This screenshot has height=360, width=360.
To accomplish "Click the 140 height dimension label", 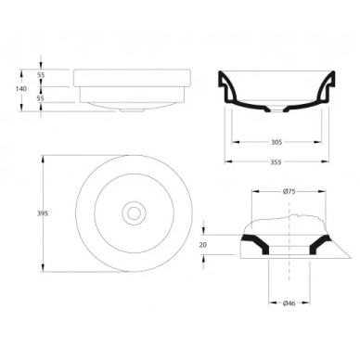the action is [x=21, y=89].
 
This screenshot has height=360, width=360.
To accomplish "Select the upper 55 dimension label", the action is [x=41, y=75].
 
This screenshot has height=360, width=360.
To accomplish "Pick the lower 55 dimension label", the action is [x=41, y=98].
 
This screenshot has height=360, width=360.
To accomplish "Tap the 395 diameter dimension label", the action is [x=43, y=213].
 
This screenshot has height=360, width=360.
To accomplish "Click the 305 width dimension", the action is [x=276, y=142].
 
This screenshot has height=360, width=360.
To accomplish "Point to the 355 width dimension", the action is [x=276, y=161].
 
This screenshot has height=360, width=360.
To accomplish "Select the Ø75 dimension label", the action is [x=289, y=191].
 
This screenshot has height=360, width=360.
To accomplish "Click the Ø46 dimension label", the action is [x=289, y=303].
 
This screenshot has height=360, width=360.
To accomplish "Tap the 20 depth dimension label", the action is [x=203, y=245].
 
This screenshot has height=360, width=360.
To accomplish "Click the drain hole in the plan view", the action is [x=134, y=213].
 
